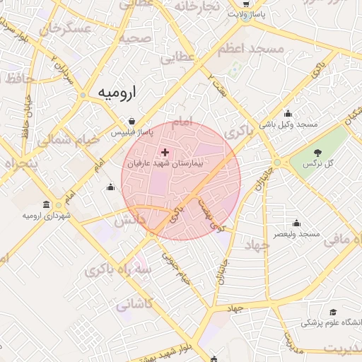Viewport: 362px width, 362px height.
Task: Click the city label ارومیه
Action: point(115,93)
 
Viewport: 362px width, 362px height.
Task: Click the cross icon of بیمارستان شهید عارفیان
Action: point(165,152)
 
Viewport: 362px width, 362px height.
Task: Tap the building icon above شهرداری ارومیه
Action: point(47,205)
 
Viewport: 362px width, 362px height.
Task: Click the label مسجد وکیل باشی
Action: point(288,124)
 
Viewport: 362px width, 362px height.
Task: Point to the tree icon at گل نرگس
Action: point(317,153)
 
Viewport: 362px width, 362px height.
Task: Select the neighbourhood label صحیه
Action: point(136,38)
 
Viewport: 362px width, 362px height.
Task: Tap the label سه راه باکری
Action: point(118,269)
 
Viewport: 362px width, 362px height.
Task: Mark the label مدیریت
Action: point(342,349)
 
